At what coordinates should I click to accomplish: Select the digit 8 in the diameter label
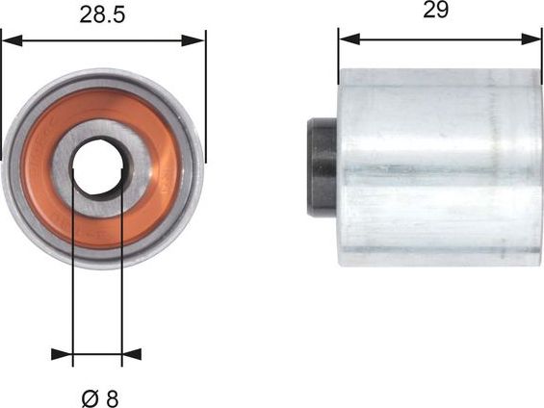tap(112, 397)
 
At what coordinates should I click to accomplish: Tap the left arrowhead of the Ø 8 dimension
tap(65, 354)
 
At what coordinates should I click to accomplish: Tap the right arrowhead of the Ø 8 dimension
tap(131, 354)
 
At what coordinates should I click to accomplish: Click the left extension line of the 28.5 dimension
tap(2, 87)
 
